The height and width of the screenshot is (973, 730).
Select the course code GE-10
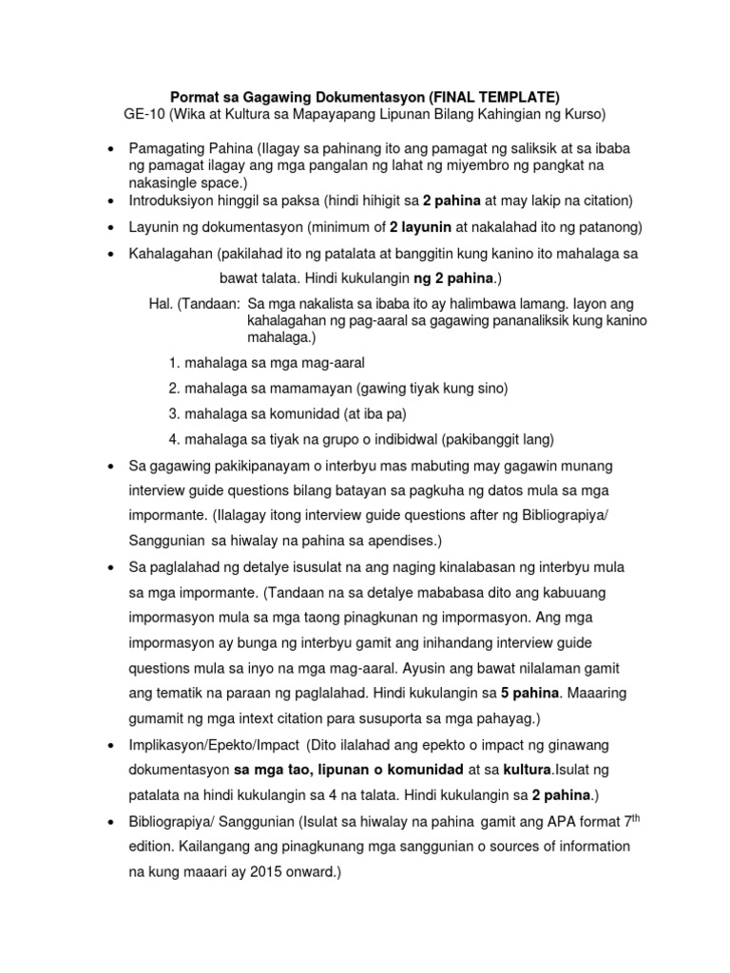click(x=144, y=115)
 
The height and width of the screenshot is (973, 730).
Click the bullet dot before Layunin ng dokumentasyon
click(x=111, y=228)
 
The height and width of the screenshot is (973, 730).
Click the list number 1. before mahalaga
click(x=174, y=363)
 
